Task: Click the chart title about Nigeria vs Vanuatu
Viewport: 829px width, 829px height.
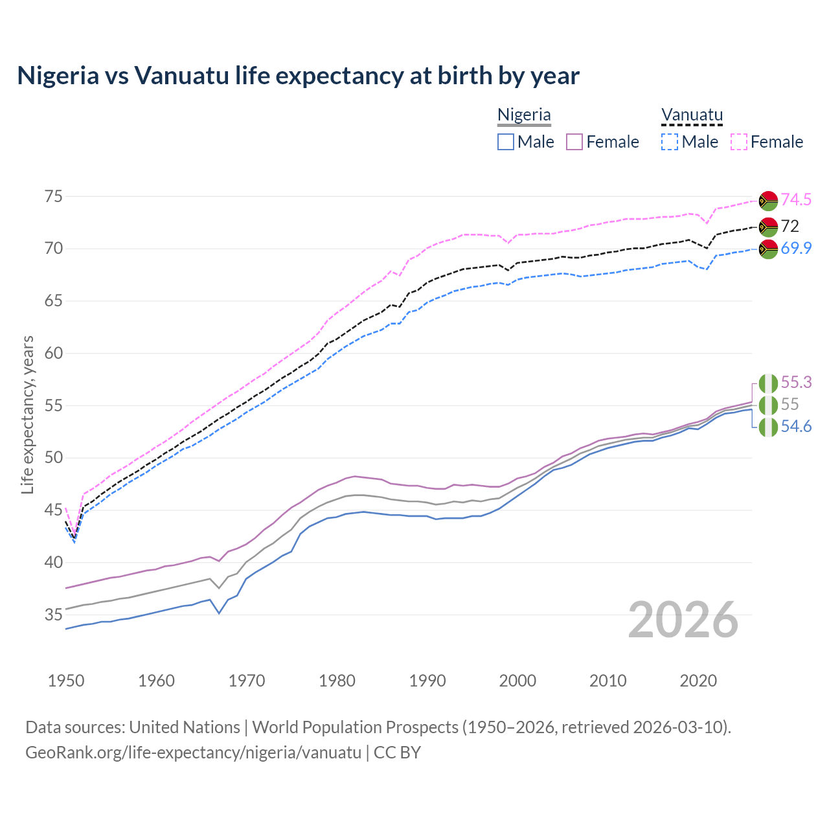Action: (298, 76)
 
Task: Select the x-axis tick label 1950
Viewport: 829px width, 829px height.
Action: (66, 681)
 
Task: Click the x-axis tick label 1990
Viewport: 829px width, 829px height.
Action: (427, 681)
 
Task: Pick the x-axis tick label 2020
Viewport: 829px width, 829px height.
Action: (698, 681)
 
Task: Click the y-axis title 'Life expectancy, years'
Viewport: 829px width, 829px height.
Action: (27, 414)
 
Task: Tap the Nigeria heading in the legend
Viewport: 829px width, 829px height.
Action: (524, 115)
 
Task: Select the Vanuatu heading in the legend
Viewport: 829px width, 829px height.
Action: (692, 115)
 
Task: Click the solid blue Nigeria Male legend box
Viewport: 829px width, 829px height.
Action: (506, 142)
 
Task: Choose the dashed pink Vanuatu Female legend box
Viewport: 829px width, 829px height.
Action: (739, 142)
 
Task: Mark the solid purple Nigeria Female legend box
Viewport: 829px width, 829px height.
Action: (574, 142)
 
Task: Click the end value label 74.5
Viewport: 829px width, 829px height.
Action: (796, 199)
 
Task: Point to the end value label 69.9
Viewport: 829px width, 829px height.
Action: (796, 248)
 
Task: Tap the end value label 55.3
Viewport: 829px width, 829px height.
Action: (796, 382)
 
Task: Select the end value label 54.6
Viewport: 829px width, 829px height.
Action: (796, 426)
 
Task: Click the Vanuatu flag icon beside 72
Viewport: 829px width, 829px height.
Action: (768, 227)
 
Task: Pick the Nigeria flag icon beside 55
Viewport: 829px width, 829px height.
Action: (768, 405)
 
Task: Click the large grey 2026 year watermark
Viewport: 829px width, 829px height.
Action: (683, 620)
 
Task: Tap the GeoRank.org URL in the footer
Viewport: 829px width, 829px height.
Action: (193, 753)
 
